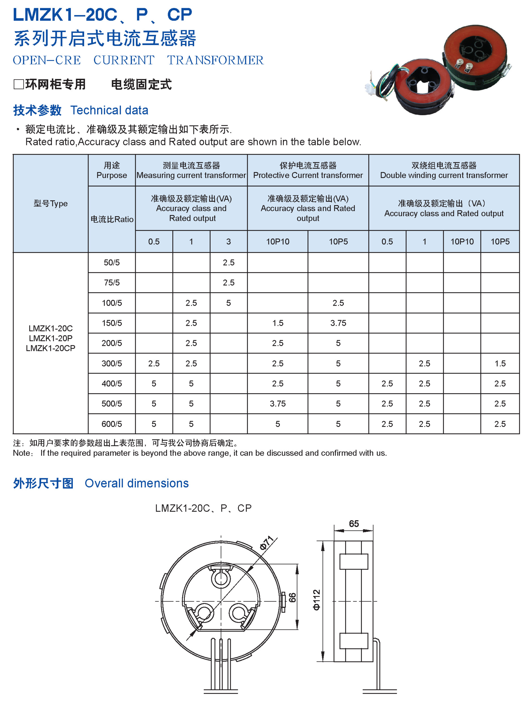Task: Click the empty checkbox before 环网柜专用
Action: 18,84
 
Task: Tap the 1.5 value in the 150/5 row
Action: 278,323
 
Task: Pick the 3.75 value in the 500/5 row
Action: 278,404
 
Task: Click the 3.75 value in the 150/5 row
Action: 338,323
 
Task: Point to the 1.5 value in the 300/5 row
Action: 500,363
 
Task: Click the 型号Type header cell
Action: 51,203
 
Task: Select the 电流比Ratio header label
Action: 112,219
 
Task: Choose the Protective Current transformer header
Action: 308,175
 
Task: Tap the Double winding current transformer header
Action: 444,175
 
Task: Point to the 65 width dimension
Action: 354,524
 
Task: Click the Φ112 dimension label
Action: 317,600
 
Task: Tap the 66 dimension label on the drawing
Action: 292,598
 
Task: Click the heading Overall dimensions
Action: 137,483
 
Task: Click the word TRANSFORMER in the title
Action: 215,60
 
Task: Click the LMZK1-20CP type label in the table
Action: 51,348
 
